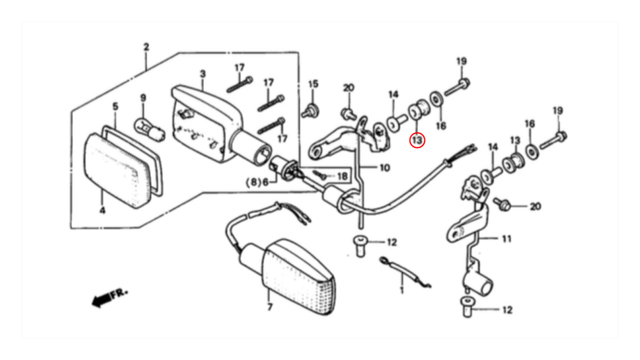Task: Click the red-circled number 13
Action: (x=417, y=140)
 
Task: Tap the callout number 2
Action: (x=146, y=47)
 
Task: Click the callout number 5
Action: (x=116, y=106)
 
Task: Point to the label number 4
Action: (x=103, y=211)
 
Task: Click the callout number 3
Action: (x=203, y=74)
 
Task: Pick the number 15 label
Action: (x=313, y=84)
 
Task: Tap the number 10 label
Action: (x=385, y=168)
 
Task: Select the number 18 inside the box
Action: (x=342, y=176)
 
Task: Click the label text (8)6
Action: (x=257, y=182)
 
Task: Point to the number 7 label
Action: (x=270, y=307)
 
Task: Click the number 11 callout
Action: (x=507, y=239)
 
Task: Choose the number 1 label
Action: (x=402, y=290)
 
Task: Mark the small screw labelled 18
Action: (x=320, y=175)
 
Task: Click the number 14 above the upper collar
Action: (x=393, y=94)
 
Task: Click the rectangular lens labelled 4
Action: (x=117, y=171)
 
